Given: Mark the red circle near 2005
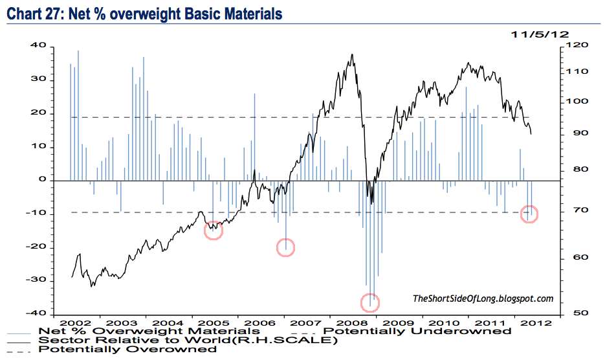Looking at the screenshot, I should [x=214, y=230].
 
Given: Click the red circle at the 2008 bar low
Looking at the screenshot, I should [x=370, y=301].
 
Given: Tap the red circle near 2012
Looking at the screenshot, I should [x=529, y=214].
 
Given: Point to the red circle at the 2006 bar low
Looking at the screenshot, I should [x=286, y=246].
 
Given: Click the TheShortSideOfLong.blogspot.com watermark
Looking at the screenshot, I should [x=483, y=298].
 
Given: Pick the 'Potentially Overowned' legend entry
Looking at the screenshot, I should [x=127, y=349].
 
